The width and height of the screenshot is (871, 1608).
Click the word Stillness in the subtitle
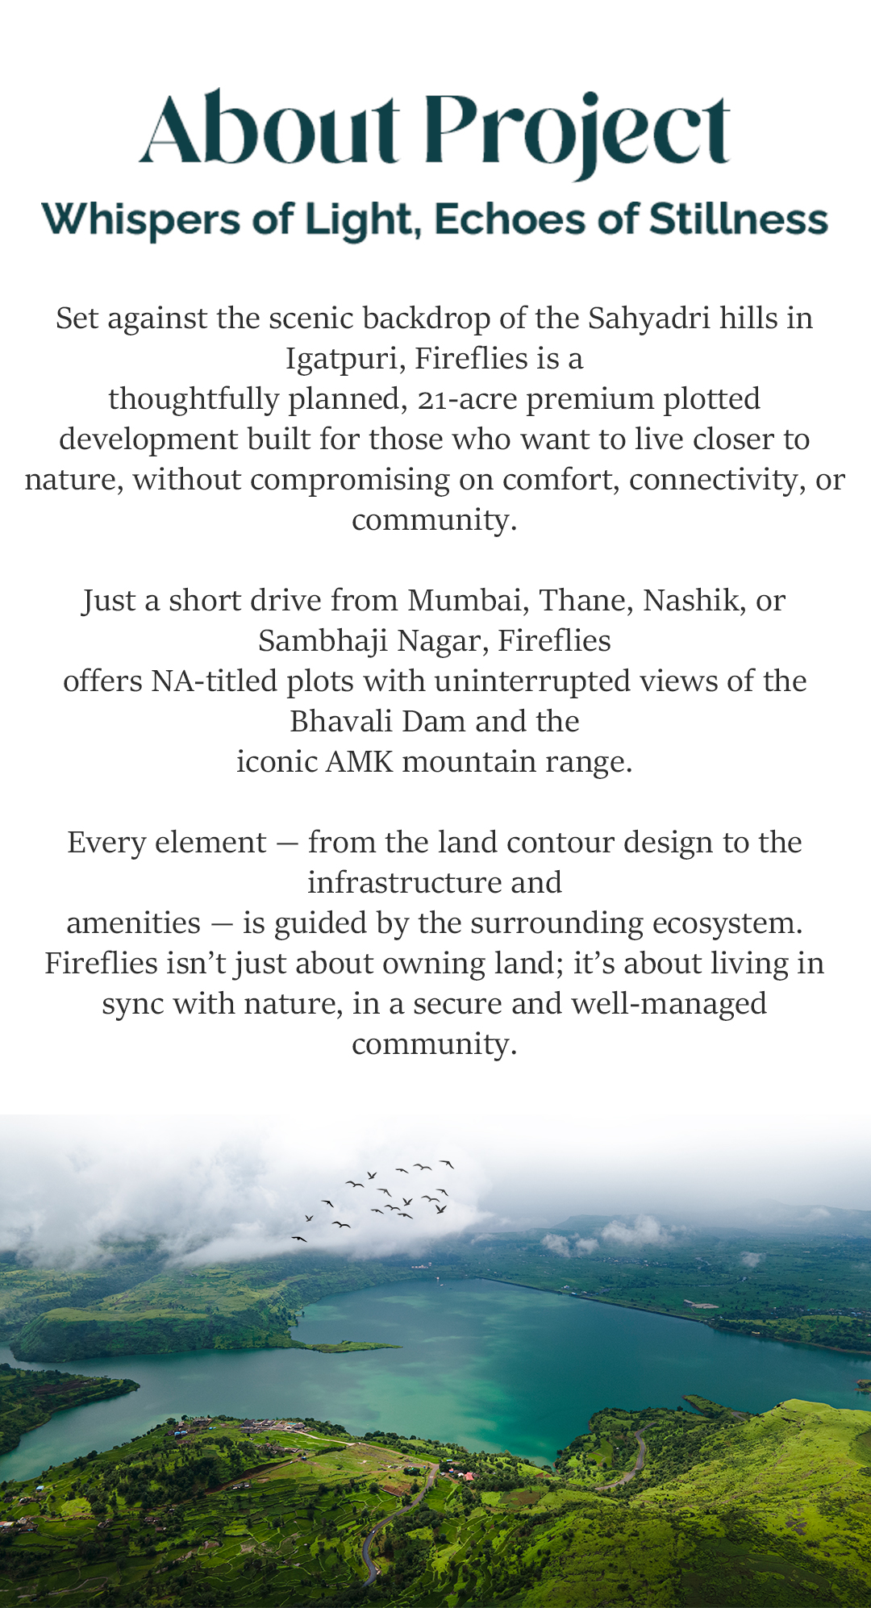[739, 219]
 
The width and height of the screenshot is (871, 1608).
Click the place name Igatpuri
[344, 359]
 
